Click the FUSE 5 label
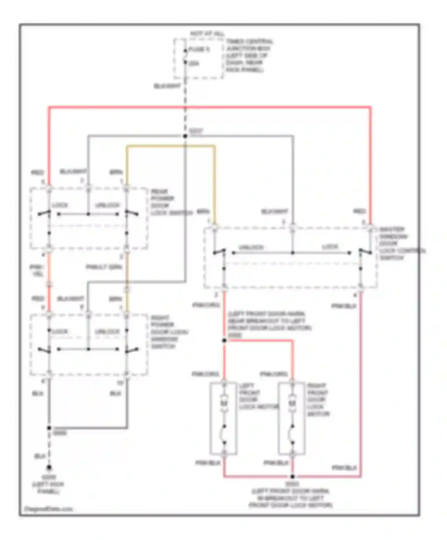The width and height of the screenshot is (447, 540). [199, 49]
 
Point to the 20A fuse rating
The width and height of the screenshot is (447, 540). [194, 63]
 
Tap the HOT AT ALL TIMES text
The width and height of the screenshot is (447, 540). [207, 34]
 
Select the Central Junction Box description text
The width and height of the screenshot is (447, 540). [249, 56]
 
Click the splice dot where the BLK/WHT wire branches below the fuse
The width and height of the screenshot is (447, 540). [185, 136]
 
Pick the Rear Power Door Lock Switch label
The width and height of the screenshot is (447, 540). [167, 202]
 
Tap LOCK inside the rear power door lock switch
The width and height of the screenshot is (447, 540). [60, 205]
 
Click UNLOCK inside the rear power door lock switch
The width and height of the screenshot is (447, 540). [107, 205]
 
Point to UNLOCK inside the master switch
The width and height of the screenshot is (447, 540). [251, 247]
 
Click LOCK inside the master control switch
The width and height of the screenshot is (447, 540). [330, 247]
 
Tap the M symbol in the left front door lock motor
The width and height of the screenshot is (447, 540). [224, 403]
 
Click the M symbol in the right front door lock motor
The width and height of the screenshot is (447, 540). [292, 403]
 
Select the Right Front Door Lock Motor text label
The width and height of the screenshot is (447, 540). [318, 399]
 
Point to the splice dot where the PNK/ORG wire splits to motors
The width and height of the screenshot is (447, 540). [224, 341]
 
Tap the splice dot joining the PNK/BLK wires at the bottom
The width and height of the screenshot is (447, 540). [293, 477]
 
